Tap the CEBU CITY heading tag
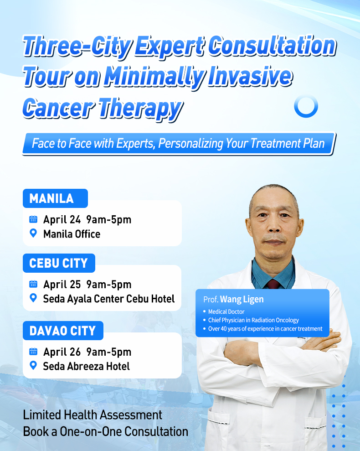58,263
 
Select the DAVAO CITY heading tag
63,331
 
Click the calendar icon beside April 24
33,219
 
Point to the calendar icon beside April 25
33,284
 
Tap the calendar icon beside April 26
33,352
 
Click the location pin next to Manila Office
33,233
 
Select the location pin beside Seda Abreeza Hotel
33,366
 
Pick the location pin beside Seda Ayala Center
33,298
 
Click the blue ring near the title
306,106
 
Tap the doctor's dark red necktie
273,284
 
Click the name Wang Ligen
242,300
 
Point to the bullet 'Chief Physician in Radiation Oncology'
253,320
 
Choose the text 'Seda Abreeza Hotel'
86,366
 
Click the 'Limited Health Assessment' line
93,415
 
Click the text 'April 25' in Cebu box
62,284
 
